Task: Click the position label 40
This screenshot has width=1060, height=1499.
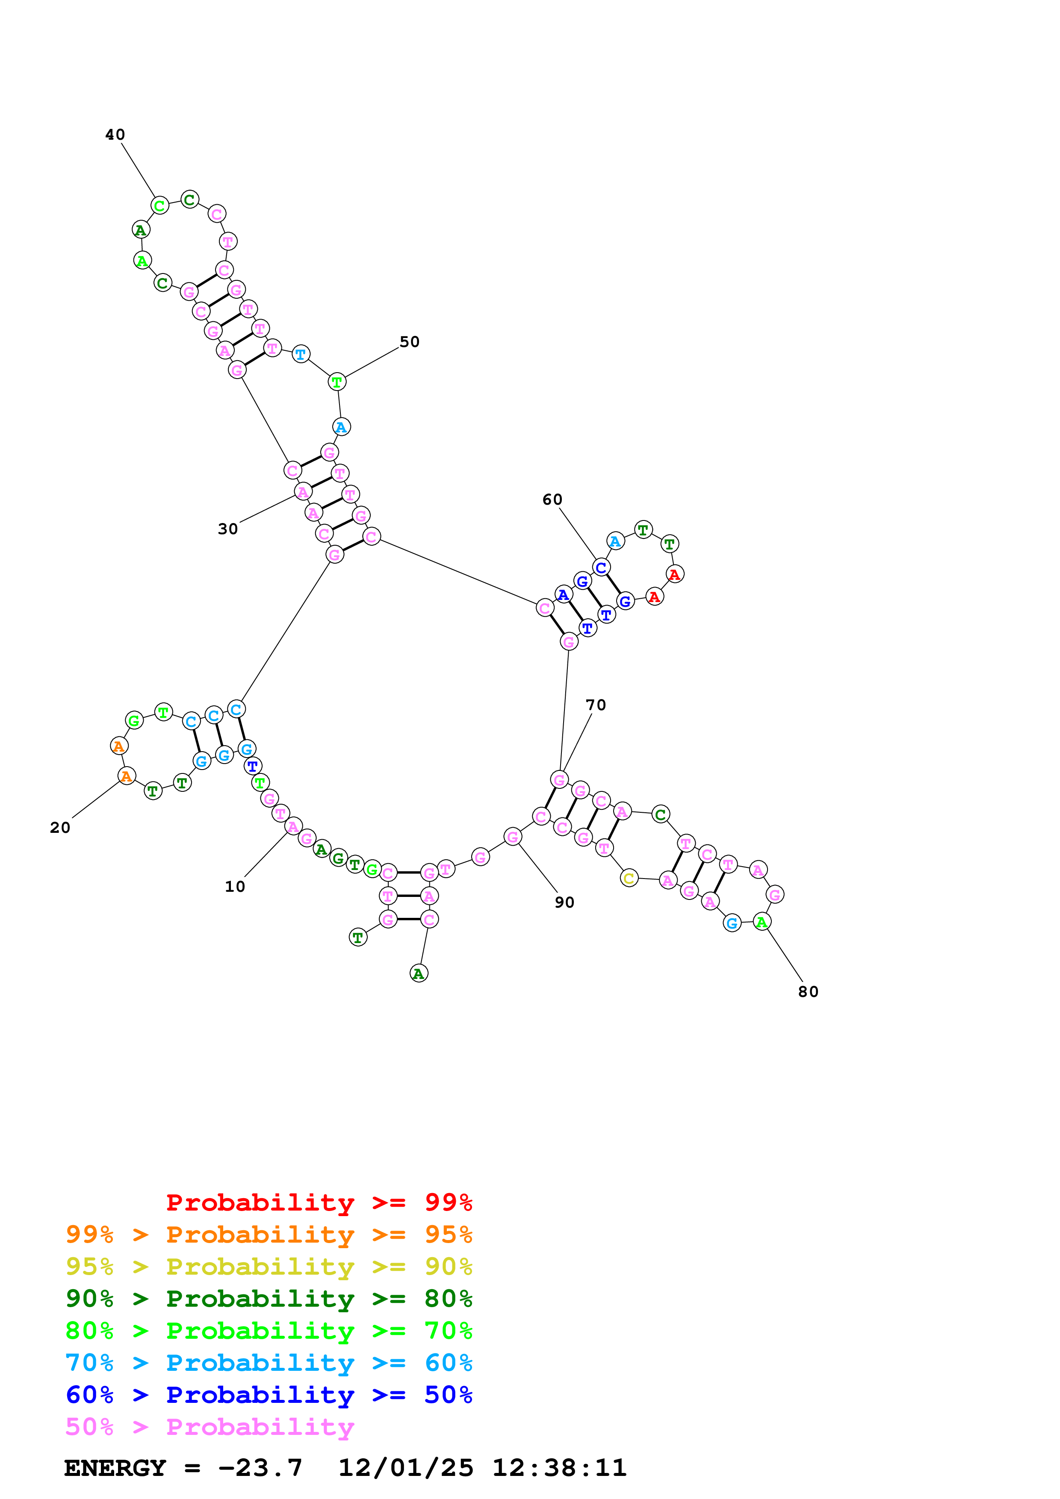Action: pos(115,135)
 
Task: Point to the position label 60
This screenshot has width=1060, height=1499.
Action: pos(552,500)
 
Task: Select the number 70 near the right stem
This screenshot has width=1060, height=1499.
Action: pos(596,705)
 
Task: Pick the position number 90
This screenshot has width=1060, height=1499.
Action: pos(564,903)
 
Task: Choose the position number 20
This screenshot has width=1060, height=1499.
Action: pos(60,828)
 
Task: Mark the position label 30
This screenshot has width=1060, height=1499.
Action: pos(228,529)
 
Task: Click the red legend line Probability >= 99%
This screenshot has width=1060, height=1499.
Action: pos(319,1202)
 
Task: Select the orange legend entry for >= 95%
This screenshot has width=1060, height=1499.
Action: pos(269,1234)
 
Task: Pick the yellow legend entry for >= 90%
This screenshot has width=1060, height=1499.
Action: pos(269,1267)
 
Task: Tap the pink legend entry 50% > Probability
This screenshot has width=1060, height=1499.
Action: pos(210,1426)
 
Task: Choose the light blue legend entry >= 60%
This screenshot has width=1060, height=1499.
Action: pos(269,1363)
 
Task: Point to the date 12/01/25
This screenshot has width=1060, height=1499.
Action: pos(406,1468)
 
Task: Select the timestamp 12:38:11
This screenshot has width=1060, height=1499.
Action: pos(559,1468)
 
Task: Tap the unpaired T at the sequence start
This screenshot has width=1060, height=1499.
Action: pos(358,938)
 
